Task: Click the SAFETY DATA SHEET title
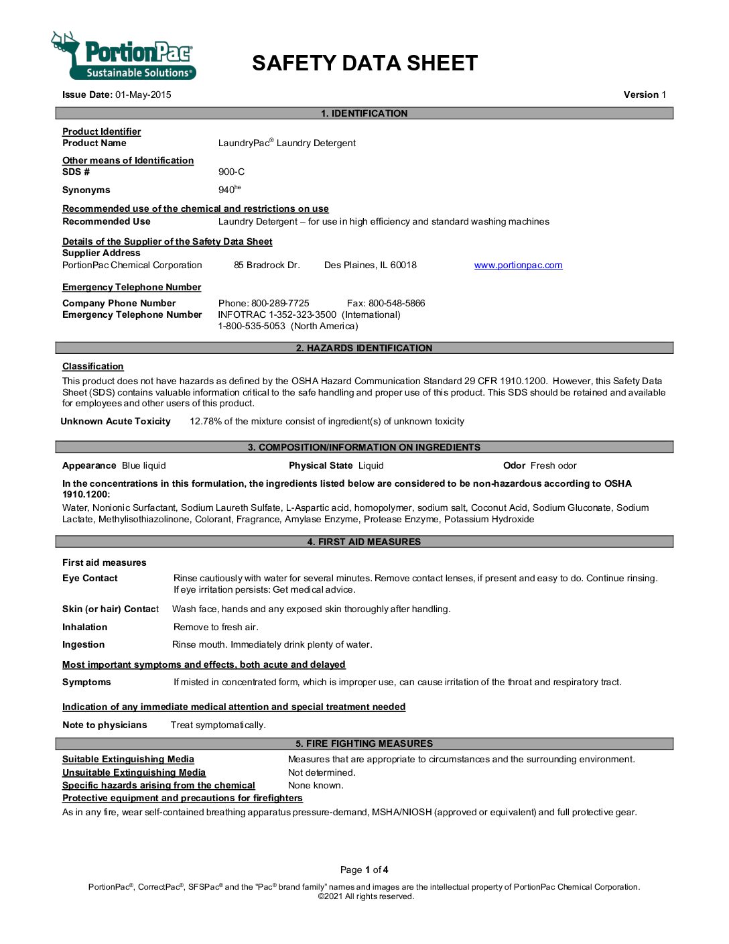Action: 364,63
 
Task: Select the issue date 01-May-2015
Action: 143,95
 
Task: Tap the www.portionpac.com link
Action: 518,265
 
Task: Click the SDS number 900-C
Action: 231,172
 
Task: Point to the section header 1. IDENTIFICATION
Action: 364,113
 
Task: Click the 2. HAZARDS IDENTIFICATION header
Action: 364,348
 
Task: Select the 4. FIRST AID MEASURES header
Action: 364,542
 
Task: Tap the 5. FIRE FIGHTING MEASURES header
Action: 364,744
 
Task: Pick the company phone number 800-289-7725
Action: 280,303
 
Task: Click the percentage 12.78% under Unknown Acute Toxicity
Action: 205,421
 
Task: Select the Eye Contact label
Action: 90,578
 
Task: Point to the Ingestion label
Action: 83,644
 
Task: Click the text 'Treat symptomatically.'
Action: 218,725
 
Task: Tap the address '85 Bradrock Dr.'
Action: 267,265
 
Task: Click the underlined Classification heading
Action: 92,366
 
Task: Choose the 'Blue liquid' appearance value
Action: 143,465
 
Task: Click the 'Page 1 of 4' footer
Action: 364,870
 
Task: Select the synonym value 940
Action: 226,190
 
